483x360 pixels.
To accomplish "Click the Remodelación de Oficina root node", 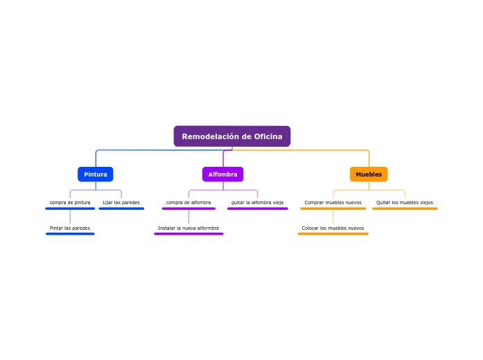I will [231, 136].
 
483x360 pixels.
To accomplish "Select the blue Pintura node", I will [96, 174].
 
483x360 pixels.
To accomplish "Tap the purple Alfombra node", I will [222, 174].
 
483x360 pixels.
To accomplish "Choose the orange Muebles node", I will [369, 174].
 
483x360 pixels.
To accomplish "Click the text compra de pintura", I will [70, 203].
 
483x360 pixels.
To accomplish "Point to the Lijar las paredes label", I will [121, 203].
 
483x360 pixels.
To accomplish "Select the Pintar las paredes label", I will [70, 228].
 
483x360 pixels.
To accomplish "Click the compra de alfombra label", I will [188, 203].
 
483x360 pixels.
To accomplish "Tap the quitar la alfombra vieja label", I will [257, 203].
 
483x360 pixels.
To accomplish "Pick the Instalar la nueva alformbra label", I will [188, 228].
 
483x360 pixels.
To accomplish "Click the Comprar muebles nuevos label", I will [333, 203].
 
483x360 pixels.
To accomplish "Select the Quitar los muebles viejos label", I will [405, 203].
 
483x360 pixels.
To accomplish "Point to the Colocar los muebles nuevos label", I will [333, 228].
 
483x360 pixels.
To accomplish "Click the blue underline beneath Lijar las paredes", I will [121, 208].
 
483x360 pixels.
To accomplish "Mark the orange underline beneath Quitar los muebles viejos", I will [405, 208].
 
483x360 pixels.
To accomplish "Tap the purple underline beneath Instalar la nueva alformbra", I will [188, 234].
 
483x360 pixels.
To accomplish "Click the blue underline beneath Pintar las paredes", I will [70, 234].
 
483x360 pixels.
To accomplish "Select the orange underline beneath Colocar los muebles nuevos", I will [333, 234].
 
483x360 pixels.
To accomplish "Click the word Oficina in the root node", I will [267, 136].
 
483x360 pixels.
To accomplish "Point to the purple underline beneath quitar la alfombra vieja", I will [257, 208].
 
